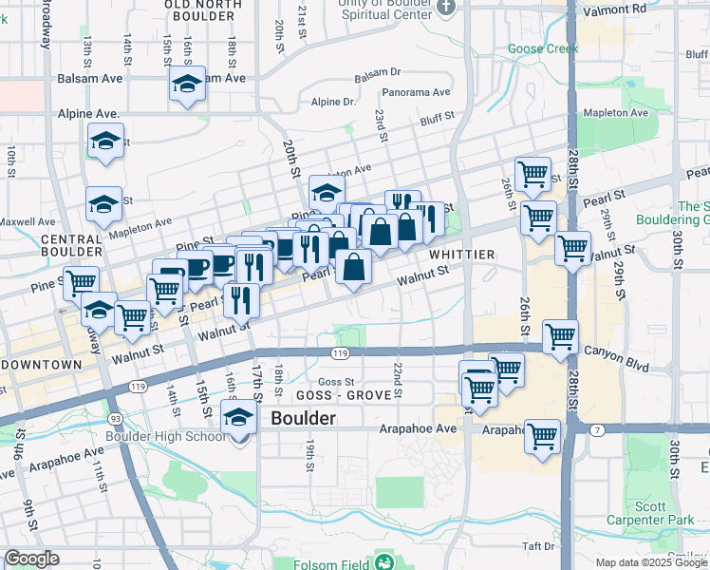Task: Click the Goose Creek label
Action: tap(543, 48)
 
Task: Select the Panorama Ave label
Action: tap(416, 92)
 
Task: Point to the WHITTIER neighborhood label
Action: tap(461, 255)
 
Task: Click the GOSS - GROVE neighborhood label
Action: tap(330, 394)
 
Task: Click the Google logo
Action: tap(31, 559)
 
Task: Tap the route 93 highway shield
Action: tap(115, 418)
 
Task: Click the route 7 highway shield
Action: tap(598, 430)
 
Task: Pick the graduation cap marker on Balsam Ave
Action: tap(187, 85)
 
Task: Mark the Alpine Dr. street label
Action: tap(332, 102)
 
